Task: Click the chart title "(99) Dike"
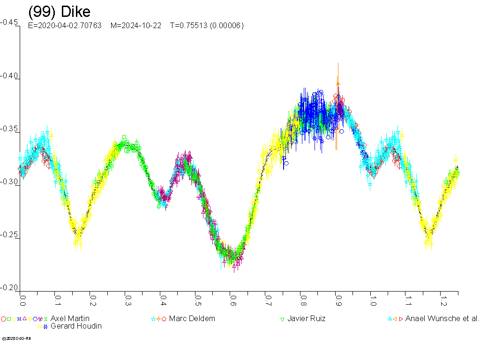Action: coord(59,11)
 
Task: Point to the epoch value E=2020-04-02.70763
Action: coord(65,26)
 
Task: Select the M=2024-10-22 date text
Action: coord(135,26)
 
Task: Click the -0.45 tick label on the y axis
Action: coord(9,22)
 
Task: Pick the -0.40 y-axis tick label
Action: coord(9,76)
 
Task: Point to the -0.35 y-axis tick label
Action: coord(9,129)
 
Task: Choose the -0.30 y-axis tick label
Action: coord(9,182)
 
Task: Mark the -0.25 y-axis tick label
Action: coord(9,235)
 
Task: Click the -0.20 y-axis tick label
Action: coord(9,288)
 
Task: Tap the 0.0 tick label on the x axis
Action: coord(22,297)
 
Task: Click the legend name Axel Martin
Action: coord(70,319)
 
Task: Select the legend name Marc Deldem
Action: coord(192,319)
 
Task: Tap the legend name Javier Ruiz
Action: coord(307,319)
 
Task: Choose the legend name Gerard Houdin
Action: coord(76,326)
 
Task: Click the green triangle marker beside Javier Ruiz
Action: coord(283,319)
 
